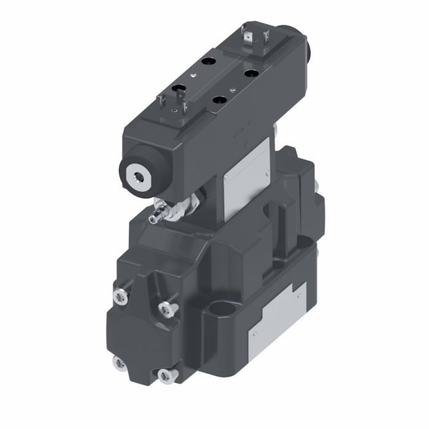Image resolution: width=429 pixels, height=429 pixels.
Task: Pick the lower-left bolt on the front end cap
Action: (x=118, y=362)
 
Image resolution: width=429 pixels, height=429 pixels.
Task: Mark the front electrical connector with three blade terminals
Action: (x=174, y=102)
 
